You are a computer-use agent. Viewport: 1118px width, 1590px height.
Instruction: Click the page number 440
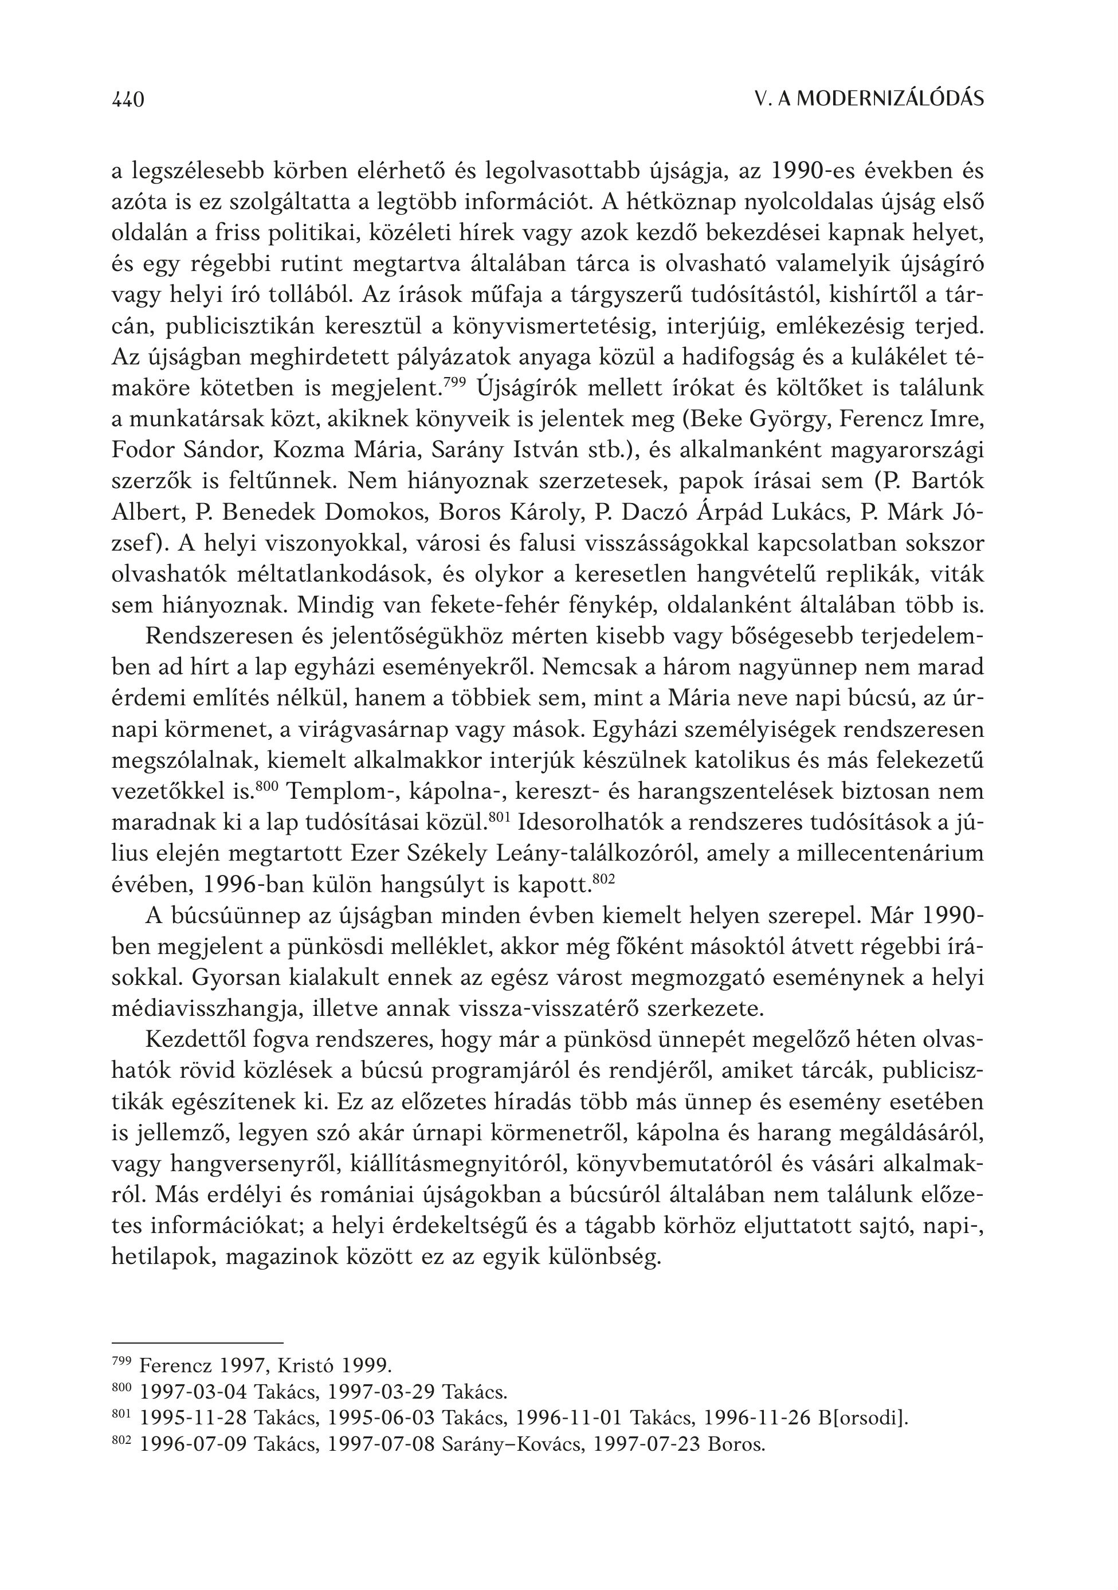[128, 100]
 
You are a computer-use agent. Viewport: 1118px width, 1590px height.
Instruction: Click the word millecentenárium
[890, 853]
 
